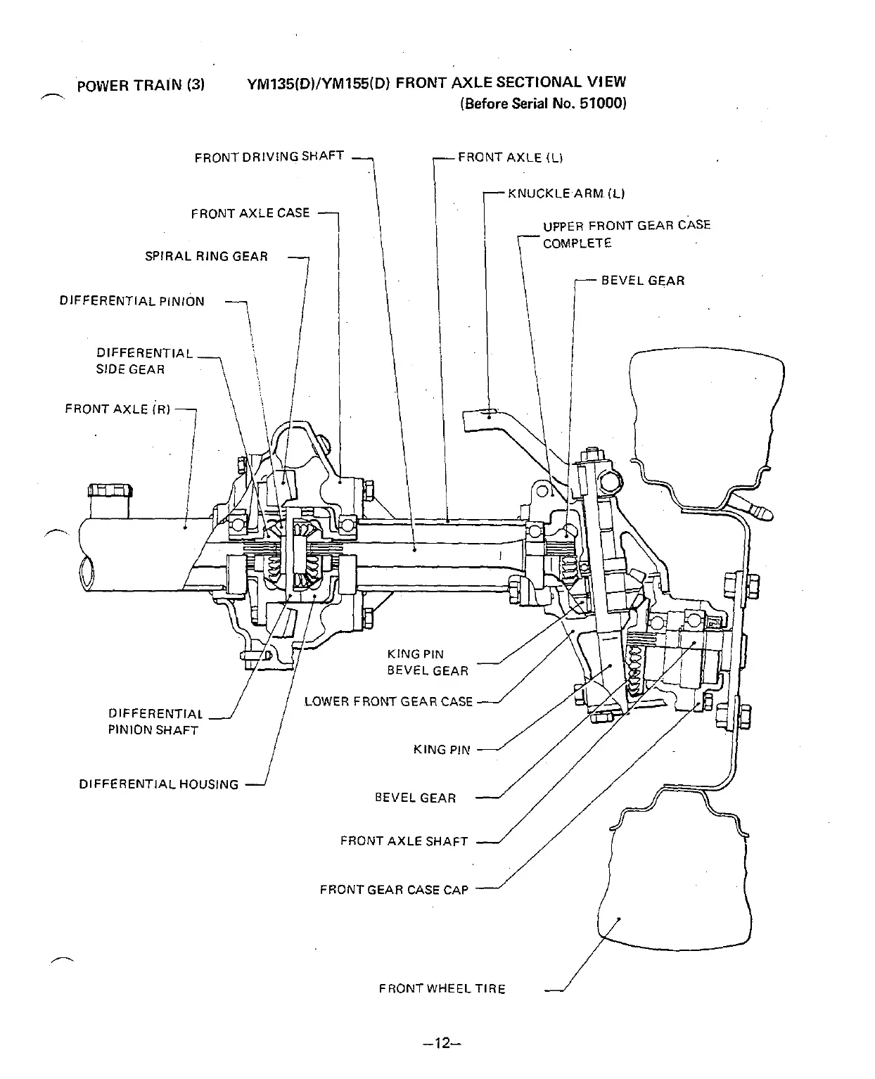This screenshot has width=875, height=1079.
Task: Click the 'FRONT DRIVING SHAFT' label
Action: click(x=269, y=156)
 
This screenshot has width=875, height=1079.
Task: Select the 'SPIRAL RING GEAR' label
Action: click(x=206, y=256)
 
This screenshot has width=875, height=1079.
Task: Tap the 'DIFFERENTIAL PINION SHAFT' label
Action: click(x=155, y=722)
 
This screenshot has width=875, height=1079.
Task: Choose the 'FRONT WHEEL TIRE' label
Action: click(x=442, y=988)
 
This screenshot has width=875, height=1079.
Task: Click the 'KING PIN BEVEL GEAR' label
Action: click(x=427, y=662)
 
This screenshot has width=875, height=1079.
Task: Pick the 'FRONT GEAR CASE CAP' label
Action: click(x=394, y=890)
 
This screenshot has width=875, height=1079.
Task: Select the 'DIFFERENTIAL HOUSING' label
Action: click(x=159, y=784)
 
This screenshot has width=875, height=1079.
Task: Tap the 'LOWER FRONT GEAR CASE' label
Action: click(x=388, y=701)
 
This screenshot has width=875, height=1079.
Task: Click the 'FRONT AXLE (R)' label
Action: click(x=117, y=409)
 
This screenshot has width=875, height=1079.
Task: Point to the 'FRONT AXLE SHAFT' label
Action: click(x=404, y=841)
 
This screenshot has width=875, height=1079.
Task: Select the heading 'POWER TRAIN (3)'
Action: click(x=141, y=86)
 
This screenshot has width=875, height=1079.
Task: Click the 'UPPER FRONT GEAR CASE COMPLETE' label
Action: click(x=626, y=234)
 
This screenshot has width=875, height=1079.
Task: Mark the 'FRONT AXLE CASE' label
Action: click(x=250, y=213)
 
